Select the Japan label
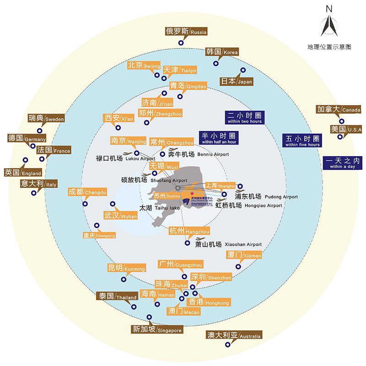pos(237,81)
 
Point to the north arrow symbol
pos(329,26)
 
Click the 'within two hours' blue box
pos(244,118)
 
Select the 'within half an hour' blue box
pos(219,138)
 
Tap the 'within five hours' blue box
pos(302,141)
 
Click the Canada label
pos(339,109)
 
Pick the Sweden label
pos(46,118)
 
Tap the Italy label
pos(39,183)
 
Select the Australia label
pos(234,335)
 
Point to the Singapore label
pos(157,329)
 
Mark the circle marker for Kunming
pos(123,279)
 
